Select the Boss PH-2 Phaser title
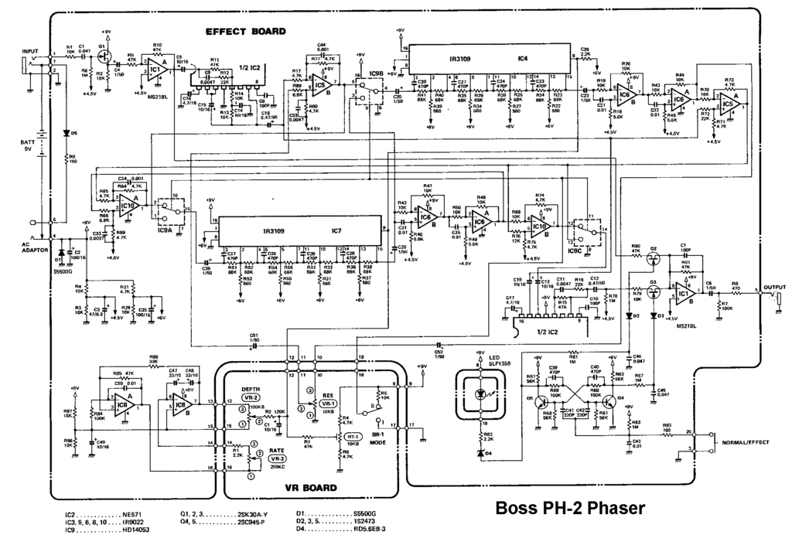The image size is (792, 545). tap(568, 509)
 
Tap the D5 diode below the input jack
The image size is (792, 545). tap(63, 133)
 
